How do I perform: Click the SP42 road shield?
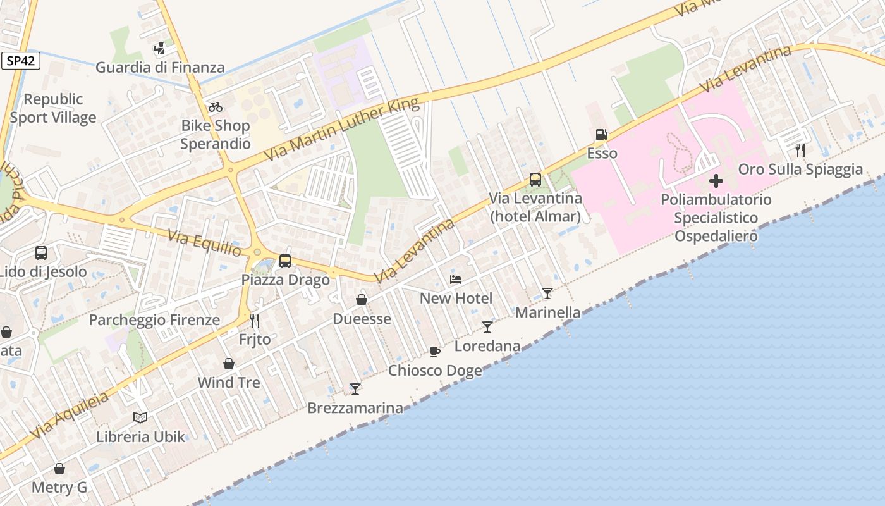[21, 61]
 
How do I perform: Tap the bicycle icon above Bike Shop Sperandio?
[216, 107]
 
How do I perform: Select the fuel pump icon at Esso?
[601, 135]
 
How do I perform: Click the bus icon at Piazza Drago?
[285, 261]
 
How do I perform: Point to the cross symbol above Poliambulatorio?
[716, 182]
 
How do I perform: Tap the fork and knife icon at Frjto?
[255, 321]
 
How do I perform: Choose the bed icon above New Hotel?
[456, 279]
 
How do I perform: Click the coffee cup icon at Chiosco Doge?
[434, 352]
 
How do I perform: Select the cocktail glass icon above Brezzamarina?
[355, 389]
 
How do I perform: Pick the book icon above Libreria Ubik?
[140, 417]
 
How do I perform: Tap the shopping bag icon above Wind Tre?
[229, 364]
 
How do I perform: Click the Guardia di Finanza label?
[160, 67]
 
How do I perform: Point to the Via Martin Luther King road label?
[342, 129]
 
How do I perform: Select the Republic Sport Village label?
[53, 108]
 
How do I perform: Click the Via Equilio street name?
[204, 243]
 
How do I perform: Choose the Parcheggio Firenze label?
[154, 320]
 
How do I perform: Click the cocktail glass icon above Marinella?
[547, 293]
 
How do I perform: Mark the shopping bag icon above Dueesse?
[362, 300]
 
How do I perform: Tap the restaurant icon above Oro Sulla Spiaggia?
[800, 150]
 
